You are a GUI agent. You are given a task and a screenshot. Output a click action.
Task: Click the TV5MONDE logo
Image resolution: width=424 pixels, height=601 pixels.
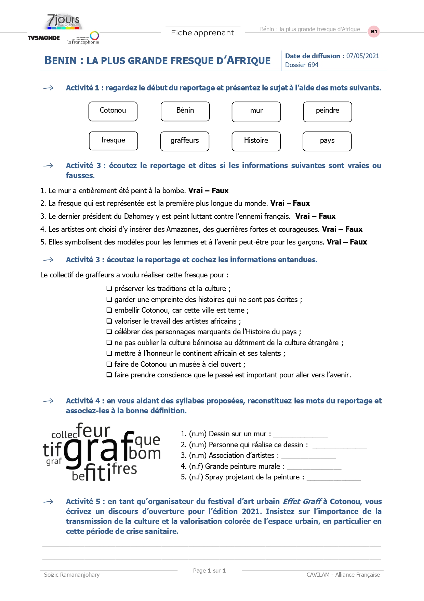click(x=43, y=38)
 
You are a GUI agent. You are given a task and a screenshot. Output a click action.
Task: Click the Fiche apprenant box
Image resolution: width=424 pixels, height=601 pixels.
click(x=203, y=33)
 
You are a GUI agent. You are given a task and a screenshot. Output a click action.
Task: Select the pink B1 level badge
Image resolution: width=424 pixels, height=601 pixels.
click(x=374, y=32)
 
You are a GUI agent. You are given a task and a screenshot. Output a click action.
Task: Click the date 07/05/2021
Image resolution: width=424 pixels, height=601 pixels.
click(x=362, y=56)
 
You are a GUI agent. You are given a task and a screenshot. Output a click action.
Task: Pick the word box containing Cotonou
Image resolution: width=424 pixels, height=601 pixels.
click(x=113, y=111)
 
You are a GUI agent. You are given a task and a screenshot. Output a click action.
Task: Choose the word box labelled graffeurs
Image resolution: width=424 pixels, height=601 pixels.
click(x=185, y=141)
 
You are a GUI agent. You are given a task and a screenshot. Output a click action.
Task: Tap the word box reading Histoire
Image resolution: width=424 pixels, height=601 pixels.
click(x=256, y=141)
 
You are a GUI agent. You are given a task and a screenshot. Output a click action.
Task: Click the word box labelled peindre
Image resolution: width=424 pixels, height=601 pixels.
click(x=327, y=112)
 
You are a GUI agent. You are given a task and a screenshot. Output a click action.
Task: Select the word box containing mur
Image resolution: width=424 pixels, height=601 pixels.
click(x=256, y=112)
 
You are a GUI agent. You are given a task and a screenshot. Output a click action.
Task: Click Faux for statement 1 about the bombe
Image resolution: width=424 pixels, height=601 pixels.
click(x=220, y=191)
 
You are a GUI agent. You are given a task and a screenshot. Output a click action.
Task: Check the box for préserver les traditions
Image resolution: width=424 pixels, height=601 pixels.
click(x=109, y=289)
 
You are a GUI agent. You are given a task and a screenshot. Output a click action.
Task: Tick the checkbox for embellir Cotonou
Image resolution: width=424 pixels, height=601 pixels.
click(x=109, y=310)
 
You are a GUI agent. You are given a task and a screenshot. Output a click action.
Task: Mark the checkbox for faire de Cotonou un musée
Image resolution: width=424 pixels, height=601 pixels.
click(x=109, y=364)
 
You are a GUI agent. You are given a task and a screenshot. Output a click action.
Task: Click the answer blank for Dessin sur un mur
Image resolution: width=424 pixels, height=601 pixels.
click(x=300, y=435)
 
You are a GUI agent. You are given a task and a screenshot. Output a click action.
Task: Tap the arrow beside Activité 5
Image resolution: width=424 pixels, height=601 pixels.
click(x=49, y=502)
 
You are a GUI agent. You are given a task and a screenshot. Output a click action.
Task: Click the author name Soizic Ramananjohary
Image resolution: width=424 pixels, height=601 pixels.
click(x=72, y=575)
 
